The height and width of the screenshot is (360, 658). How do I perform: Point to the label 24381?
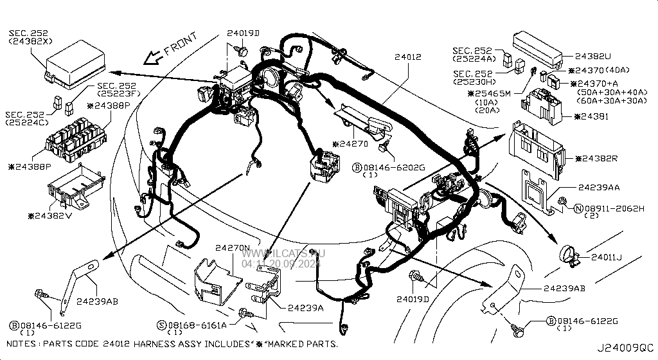point(598,116)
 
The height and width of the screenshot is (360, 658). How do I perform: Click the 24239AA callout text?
point(599,187)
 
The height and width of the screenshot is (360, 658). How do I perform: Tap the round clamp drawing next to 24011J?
point(568,255)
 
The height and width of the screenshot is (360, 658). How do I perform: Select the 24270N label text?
point(232,247)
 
